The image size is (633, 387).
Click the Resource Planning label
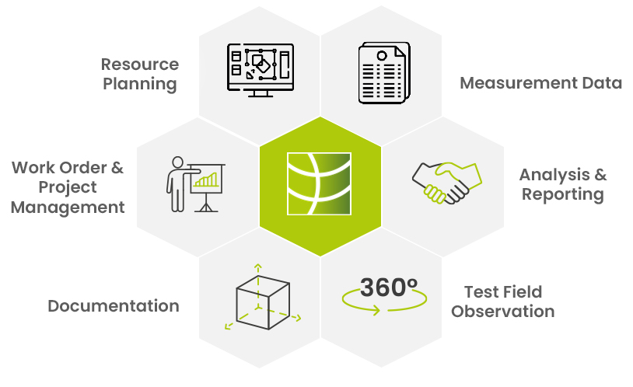(x=140, y=75)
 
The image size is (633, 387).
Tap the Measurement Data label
(x=540, y=83)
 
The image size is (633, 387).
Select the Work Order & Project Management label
(x=68, y=187)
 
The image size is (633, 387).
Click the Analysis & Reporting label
(x=563, y=184)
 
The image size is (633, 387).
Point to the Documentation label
(x=114, y=306)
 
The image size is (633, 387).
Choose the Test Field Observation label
(x=502, y=302)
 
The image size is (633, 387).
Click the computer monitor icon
(x=261, y=70)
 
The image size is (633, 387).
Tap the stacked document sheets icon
(x=384, y=72)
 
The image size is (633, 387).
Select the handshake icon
(x=447, y=183)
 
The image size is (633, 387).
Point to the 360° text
(x=389, y=288)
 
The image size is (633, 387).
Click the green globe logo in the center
(x=319, y=183)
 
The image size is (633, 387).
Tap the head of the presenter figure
(x=177, y=162)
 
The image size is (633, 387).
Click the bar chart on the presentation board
(x=206, y=180)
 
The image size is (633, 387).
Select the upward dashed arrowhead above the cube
(x=258, y=267)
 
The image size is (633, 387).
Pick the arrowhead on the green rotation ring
(x=376, y=310)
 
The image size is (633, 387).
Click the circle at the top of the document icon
(x=382, y=56)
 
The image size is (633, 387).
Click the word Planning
(x=140, y=85)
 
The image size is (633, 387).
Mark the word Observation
(x=502, y=312)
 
